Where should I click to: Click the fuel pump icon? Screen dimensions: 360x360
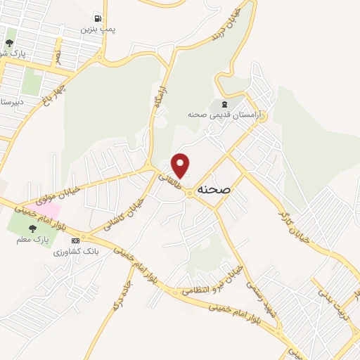tap(97, 18)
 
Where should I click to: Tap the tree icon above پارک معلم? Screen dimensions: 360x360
tap(32, 228)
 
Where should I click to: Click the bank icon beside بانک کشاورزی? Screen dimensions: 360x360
tap(75, 241)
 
